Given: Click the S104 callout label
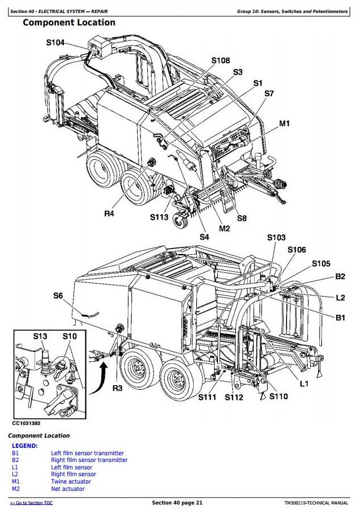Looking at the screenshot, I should click(x=55, y=42).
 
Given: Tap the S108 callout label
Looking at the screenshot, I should click(x=220, y=61).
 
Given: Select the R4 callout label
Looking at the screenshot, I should click(x=109, y=213).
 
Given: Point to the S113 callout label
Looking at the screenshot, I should click(x=159, y=217).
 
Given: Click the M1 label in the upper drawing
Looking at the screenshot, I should click(x=284, y=123).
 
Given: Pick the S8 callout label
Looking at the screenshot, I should click(x=242, y=218).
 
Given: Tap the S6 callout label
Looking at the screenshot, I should click(x=58, y=295).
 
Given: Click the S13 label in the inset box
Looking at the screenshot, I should click(x=40, y=336).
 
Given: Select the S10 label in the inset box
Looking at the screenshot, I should click(x=69, y=336).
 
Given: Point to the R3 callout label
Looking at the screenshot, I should click(x=117, y=388).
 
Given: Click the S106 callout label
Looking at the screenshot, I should click(x=297, y=250).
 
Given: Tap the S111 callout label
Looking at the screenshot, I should click(x=207, y=397).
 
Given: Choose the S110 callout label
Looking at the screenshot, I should click(x=278, y=396).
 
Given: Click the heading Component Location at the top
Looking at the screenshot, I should click(x=68, y=23).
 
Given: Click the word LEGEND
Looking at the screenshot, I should click(x=25, y=446).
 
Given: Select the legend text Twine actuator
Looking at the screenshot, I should click(x=71, y=481).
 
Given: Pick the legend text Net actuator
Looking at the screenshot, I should click(x=68, y=489).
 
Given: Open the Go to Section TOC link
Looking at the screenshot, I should click(x=31, y=503).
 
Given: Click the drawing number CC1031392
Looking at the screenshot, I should click(x=26, y=423).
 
